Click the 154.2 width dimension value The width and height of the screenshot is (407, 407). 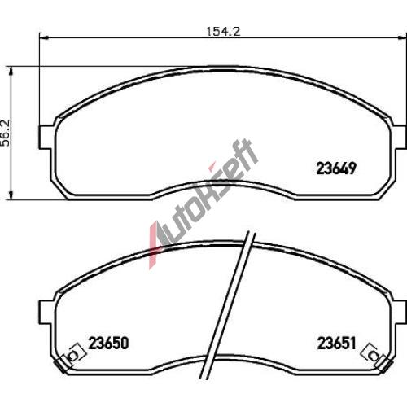coord(223,32)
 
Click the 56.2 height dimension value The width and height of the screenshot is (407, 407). coord(6,133)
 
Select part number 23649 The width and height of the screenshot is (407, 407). coord(336,168)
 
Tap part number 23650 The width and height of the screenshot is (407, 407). coord(108,344)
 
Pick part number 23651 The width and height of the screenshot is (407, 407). coord(336,344)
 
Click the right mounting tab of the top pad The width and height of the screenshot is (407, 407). coord(400,137)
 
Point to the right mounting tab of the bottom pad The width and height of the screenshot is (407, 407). coord(400,312)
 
